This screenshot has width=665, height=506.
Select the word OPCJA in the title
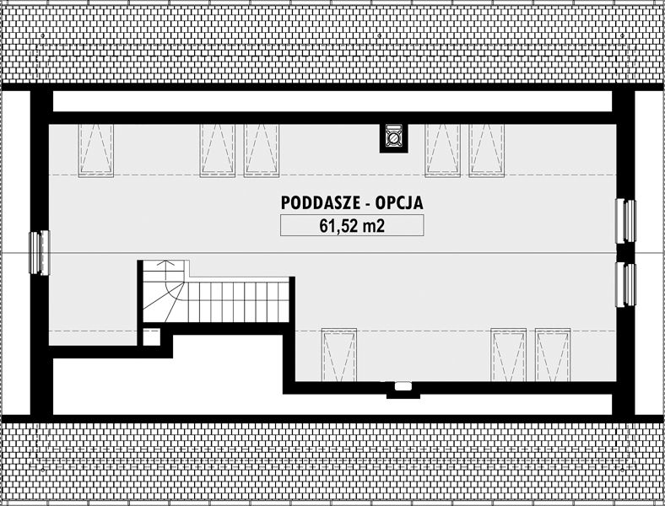(399, 203)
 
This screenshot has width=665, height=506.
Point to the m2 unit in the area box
(374, 226)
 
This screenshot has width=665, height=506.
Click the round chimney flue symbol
(394, 137)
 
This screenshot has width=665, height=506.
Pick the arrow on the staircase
(166, 267)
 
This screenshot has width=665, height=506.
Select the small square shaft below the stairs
(151, 337)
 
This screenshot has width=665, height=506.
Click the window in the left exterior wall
(40, 252)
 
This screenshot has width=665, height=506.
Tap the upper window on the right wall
(626, 221)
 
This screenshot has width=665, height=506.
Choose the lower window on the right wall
(626, 284)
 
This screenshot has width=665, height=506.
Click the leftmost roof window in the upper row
(96, 150)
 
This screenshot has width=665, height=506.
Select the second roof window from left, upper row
(218, 150)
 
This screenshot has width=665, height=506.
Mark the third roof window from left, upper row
(262, 150)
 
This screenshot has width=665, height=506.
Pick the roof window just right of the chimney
(443, 150)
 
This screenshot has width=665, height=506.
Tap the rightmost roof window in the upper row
(486, 150)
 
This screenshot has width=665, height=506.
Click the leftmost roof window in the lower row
(339, 355)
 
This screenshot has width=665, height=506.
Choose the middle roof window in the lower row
(509, 355)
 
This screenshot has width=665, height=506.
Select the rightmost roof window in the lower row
(553, 355)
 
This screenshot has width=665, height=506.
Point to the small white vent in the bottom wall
(403, 386)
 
